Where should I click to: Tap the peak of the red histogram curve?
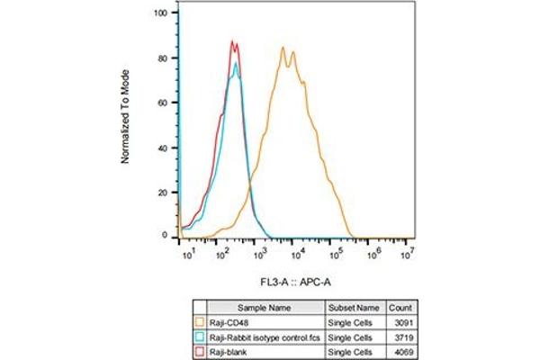[232, 40]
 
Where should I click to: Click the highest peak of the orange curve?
[283, 48]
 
